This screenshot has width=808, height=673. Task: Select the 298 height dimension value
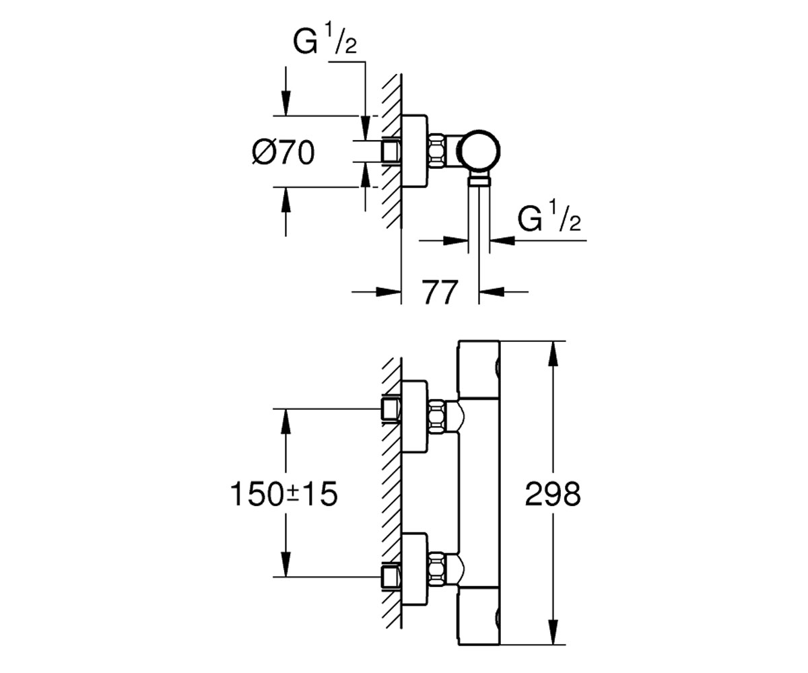pos(553,494)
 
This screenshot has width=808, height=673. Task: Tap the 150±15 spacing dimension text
pos(283,494)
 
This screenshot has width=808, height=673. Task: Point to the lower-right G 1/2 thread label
pos(549,219)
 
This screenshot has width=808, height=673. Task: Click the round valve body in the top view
pos(479,151)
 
